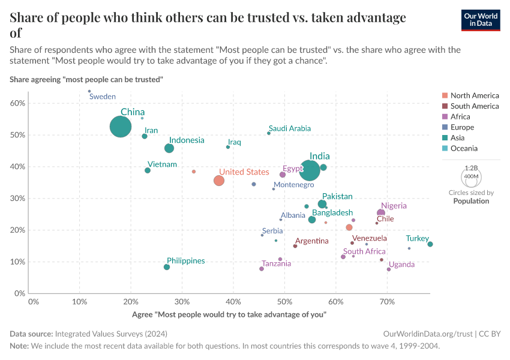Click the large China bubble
[x=121, y=127]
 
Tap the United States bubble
[x=219, y=181]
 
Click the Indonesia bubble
[x=169, y=148]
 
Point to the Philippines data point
[x=167, y=267]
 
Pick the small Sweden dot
[x=89, y=91]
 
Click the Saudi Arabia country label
[x=290, y=128]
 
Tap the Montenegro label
[x=293, y=185]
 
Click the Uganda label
[x=401, y=265]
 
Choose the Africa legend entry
[x=460, y=116]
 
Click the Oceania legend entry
[x=464, y=148]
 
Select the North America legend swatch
[x=444, y=95]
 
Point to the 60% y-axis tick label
[x=18, y=103]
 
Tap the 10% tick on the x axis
[x=80, y=301]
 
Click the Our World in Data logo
[x=481, y=20]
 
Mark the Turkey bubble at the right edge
[x=430, y=244]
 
